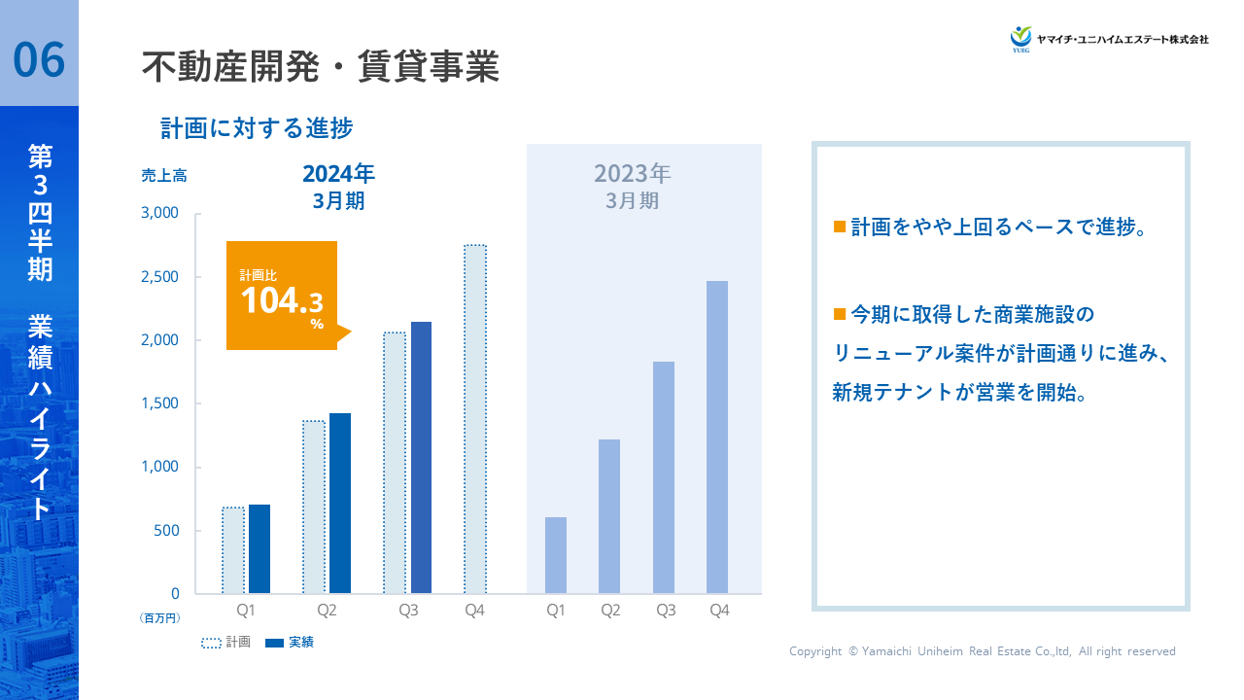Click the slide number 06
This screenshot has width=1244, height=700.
pos(39,59)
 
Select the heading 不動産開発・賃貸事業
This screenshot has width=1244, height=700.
pos(321,68)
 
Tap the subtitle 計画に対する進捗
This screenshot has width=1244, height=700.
pos(257,128)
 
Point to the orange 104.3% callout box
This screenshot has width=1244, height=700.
pos(282,296)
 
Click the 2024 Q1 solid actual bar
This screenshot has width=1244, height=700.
pos(259,548)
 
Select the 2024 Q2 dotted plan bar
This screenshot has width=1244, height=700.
pos(314,507)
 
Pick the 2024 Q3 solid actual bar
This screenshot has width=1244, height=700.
pos(421,457)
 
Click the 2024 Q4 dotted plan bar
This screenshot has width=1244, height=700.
pos(474,419)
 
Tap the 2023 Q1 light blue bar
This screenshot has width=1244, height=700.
pos(555,555)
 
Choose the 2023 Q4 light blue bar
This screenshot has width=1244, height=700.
pos(716,437)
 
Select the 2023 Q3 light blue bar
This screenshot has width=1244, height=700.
pos(664,477)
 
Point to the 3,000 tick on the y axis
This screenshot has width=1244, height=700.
pos(161,213)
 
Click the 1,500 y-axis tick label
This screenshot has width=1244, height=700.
pos(161,403)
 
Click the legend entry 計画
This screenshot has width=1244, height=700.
pos(225,643)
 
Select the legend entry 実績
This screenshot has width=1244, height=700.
pos(290,643)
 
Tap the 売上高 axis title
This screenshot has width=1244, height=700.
pos(163,176)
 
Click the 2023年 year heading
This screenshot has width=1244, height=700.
pos(633,174)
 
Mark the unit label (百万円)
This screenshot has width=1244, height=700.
pos(160,617)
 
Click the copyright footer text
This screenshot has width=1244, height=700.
pos(982,651)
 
